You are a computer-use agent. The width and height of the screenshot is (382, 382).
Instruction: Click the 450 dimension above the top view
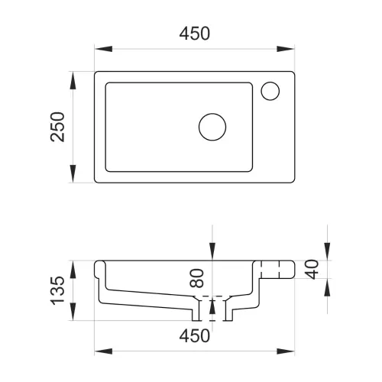pyautogui.click(x=195, y=34)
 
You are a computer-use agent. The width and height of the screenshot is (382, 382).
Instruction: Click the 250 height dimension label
pyautogui.click(x=57, y=127)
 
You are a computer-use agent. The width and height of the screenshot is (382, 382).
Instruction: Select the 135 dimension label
pyautogui.click(x=57, y=290)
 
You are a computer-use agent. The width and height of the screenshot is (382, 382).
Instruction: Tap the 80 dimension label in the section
pyautogui.click(x=197, y=278)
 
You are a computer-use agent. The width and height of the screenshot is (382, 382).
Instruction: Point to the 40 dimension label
pyautogui.click(x=312, y=270)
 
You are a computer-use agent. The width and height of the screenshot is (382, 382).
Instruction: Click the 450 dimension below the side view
pyautogui.click(x=195, y=336)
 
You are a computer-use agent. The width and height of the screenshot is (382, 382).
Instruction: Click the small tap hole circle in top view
pyautogui.click(x=270, y=91)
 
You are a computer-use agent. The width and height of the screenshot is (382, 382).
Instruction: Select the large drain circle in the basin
pyautogui.click(x=212, y=127)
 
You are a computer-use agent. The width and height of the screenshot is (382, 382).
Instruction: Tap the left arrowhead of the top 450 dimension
pyautogui.click(x=103, y=49)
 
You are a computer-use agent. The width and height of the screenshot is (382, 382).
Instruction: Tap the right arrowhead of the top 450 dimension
pyautogui.click(x=286, y=49)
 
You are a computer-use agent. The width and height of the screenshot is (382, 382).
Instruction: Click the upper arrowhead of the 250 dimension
pyautogui.click(x=73, y=80)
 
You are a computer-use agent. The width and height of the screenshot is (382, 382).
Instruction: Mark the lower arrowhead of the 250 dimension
pyautogui.click(x=73, y=173)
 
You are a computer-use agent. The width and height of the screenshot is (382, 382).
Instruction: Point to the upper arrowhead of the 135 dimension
pyautogui.click(x=73, y=270)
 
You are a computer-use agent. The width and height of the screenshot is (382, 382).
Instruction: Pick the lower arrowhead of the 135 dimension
pyautogui.click(x=73, y=312)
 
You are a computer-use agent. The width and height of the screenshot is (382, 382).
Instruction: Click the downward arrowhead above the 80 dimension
pyautogui.click(x=212, y=251)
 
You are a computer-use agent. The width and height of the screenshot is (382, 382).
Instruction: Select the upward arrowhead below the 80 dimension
pyautogui.click(x=212, y=305)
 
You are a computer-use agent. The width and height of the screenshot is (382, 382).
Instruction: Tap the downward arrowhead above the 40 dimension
pyautogui.click(x=327, y=251)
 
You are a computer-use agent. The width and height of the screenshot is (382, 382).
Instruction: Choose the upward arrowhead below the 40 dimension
pyautogui.click(x=327, y=287)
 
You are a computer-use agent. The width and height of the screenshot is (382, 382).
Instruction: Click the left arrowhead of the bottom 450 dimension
pyautogui.click(x=103, y=351)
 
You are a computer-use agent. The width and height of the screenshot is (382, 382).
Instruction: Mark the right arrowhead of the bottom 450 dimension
pyautogui.click(x=286, y=351)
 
